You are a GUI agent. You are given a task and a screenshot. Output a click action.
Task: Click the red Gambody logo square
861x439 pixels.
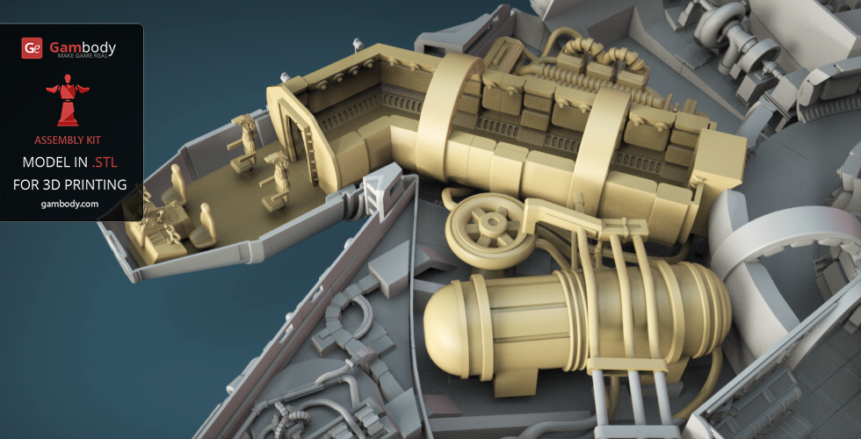(32, 48)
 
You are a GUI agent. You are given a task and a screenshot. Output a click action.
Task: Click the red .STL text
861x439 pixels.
(105, 162)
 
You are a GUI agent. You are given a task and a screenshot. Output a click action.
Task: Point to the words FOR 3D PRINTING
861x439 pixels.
(70, 184)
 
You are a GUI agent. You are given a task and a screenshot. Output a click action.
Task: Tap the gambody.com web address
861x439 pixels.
(70, 204)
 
